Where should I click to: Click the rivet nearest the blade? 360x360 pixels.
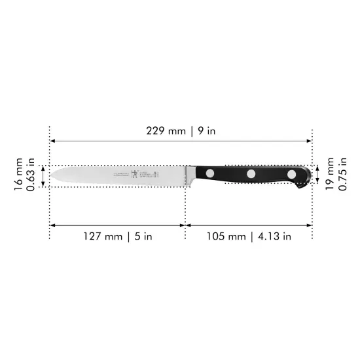tap(209, 174)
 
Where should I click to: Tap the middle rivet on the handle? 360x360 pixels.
tap(251, 174)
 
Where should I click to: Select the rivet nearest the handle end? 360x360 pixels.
tap(291, 174)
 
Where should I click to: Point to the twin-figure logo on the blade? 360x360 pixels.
tap(135, 174)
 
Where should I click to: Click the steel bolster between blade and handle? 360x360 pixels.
tap(190, 173)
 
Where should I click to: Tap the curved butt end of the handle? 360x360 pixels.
tap(307, 177)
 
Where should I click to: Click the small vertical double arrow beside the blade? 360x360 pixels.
tap(43, 176)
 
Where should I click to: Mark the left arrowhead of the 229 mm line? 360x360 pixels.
tap(53, 141)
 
